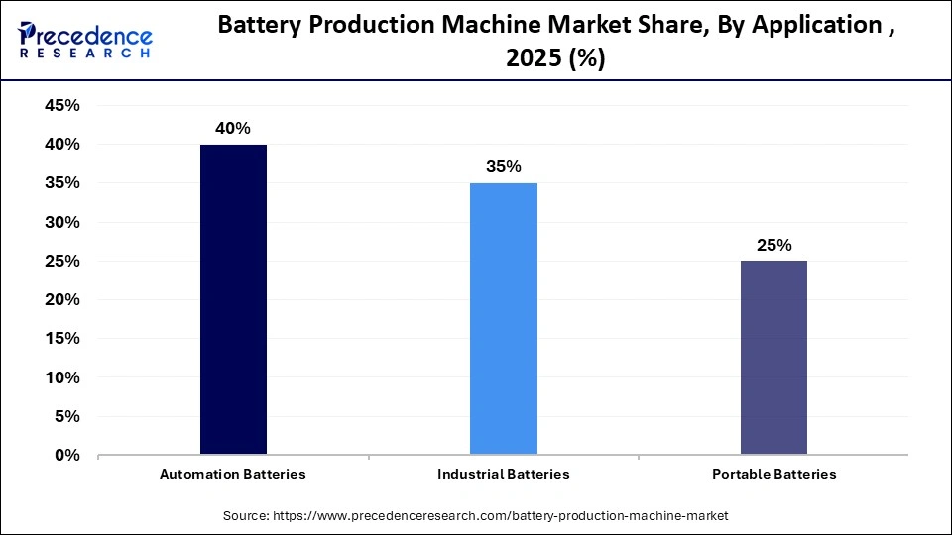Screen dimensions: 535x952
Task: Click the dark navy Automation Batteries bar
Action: tap(233, 299)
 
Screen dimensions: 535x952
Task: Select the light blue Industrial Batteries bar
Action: tap(503, 319)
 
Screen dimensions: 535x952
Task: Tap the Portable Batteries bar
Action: tap(773, 358)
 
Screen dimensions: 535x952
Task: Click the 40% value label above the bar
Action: tap(233, 128)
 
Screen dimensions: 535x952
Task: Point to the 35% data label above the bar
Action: tap(503, 166)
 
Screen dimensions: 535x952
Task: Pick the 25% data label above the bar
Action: tap(773, 245)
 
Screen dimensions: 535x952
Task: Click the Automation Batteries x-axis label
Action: tap(233, 474)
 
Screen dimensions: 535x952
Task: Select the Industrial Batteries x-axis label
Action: tap(503, 474)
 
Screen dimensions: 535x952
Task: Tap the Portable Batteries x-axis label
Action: tap(773, 474)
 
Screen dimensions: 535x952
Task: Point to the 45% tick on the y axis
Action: tap(61, 106)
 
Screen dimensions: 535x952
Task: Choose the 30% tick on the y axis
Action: tap(61, 223)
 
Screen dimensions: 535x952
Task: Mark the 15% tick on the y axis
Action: tap(61, 339)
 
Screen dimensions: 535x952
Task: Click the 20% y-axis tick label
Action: tap(61, 300)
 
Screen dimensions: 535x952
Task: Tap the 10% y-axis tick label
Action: tap(61, 378)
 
